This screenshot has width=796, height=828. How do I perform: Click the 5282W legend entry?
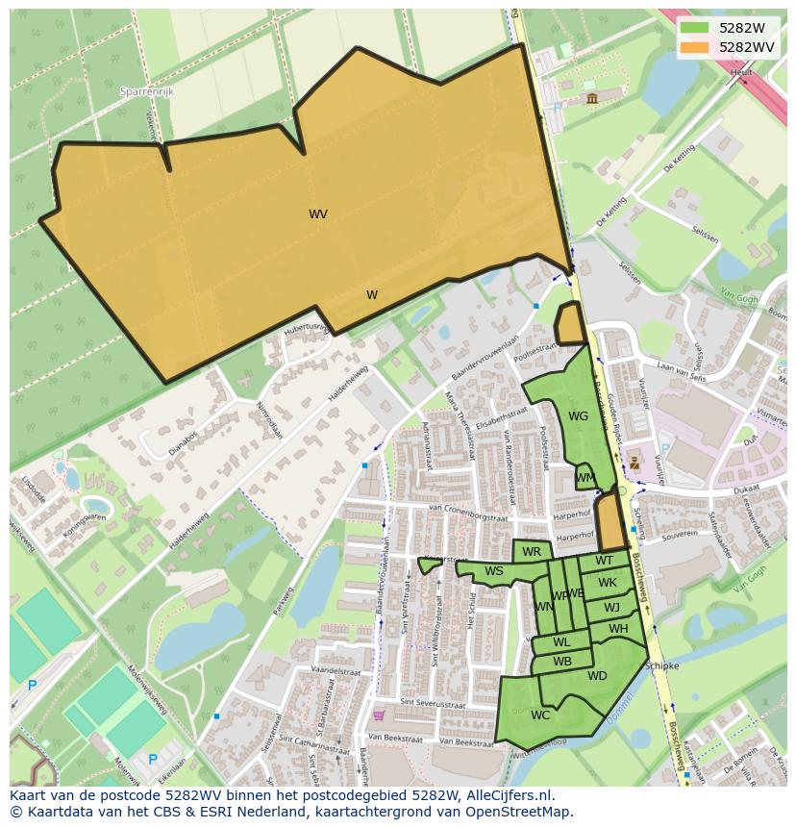[726, 28]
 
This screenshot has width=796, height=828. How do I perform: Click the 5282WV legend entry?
[726, 46]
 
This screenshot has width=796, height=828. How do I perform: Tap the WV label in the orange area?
[318, 214]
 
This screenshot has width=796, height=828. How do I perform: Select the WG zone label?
[578, 416]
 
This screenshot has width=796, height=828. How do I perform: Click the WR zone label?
[532, 552]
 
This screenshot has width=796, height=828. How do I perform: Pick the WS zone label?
[494, 571]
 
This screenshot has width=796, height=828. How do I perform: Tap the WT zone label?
[604, 561]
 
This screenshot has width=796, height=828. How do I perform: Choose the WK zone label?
[608, 583]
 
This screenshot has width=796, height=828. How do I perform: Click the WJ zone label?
[612, 607]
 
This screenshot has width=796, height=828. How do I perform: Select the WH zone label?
[618, 629]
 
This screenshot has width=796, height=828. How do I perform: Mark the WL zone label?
[561, 642]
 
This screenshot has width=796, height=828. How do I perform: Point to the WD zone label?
[597, 676]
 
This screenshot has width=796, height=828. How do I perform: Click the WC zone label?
[540, 715]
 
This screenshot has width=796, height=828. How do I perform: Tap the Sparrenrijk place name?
[145, 91]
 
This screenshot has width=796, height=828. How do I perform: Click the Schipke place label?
[661, 665]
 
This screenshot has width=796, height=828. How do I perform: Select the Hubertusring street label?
[306, 329]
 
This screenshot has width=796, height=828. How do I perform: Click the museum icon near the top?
[591, 98]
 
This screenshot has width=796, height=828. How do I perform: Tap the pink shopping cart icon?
[380, 715]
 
